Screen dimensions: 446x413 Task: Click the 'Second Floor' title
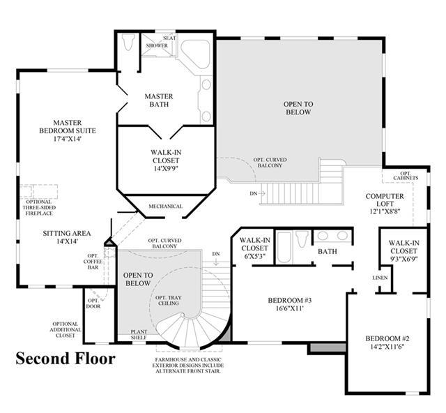pos(66,359)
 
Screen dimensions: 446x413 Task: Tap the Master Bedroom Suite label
pos(68,127)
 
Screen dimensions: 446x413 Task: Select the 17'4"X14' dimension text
pos(68,139)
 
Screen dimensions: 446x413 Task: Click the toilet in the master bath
pos(128,42)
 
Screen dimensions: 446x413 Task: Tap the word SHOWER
pos(157,45)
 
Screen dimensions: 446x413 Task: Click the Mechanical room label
pos(166,206)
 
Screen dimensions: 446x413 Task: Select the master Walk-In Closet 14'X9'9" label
pos(166,160)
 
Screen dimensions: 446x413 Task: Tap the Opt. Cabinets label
pos(406,176)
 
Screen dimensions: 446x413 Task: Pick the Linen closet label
pos(380,278)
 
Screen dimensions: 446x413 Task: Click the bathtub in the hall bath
pos(284,248)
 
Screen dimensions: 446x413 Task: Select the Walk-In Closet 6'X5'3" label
pos(255,248)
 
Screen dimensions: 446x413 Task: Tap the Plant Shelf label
pos(139,335)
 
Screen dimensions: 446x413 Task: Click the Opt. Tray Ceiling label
pos(169,301)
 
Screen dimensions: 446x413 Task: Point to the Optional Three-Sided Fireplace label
pos(39,208)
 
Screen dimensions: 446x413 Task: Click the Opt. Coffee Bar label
pos(93,262)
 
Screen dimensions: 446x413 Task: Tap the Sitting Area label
pos(67,237)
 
